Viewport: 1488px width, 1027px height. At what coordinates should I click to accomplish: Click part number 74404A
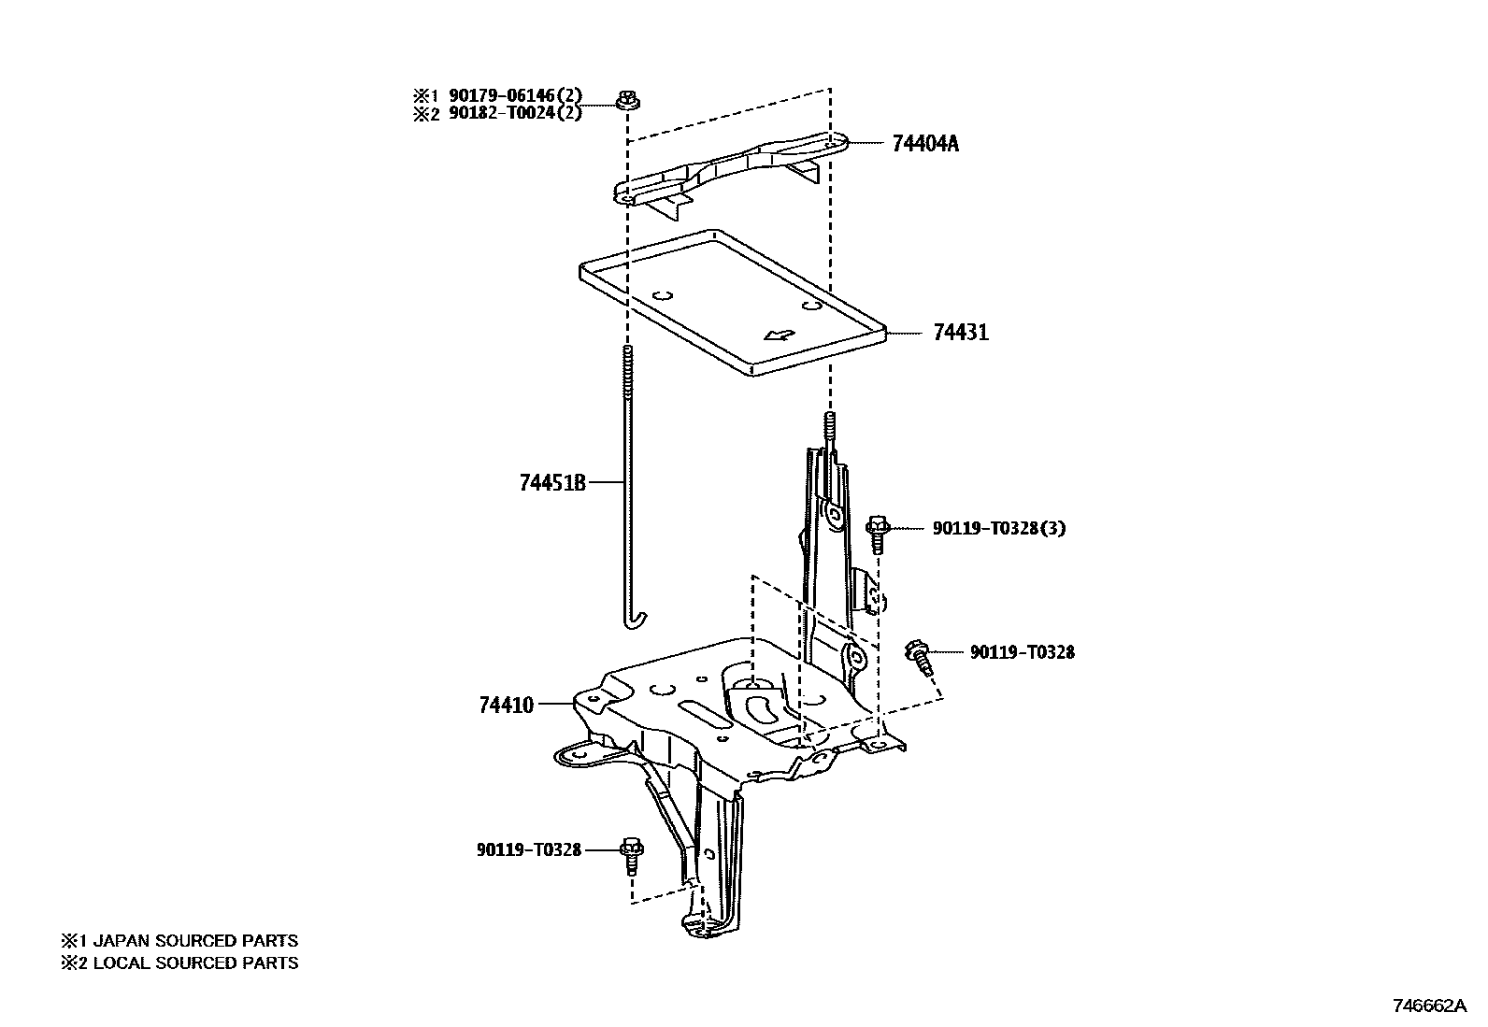click(924, 144)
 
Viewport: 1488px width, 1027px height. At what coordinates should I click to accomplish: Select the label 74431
click(960, 333)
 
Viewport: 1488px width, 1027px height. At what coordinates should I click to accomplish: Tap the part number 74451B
click(552, 483)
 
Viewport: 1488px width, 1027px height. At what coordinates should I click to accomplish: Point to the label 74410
click(506, 705)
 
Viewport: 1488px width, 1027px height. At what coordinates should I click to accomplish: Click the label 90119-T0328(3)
click(998, 528)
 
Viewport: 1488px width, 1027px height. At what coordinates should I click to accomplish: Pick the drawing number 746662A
click(1429, 1006)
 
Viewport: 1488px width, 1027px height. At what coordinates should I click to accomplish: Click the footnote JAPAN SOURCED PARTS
click(195, 941)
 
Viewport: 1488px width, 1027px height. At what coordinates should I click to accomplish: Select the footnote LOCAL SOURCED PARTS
click(195, 963)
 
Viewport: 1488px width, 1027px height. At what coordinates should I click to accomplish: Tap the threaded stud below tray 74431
click(828, 425)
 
